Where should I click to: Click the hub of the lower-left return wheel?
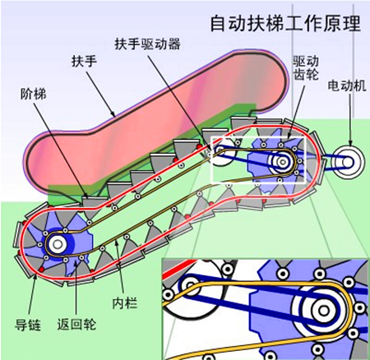pos(58,243)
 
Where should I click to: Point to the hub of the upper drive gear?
pos(283,161)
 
